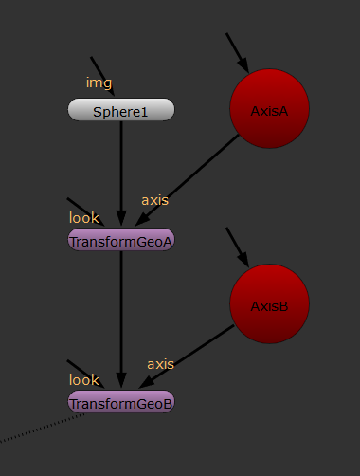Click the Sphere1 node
click(121, 111)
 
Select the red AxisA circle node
click(269, 110)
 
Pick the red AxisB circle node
click(269, 304)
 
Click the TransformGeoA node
click(121, 241)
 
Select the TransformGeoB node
click(121, 403)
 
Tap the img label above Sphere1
click(99, 82)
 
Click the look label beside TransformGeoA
click(83, 218)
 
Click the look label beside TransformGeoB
click(83, 380)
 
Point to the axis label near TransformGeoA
click(155, 200)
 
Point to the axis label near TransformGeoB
click(160, 363)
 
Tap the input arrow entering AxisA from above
click(237, 52)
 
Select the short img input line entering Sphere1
click(102, 76)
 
